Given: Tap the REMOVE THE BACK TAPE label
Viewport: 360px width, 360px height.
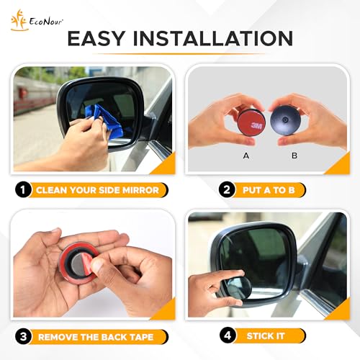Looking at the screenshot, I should point(100,336).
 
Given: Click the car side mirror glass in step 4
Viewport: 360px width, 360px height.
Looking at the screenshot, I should point(259,256).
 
